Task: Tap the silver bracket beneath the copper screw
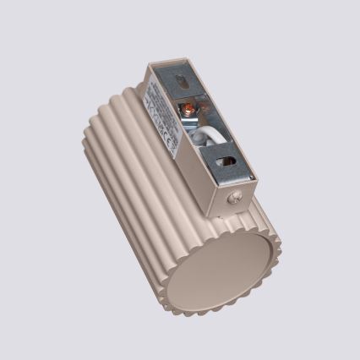[x=189, y=118]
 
